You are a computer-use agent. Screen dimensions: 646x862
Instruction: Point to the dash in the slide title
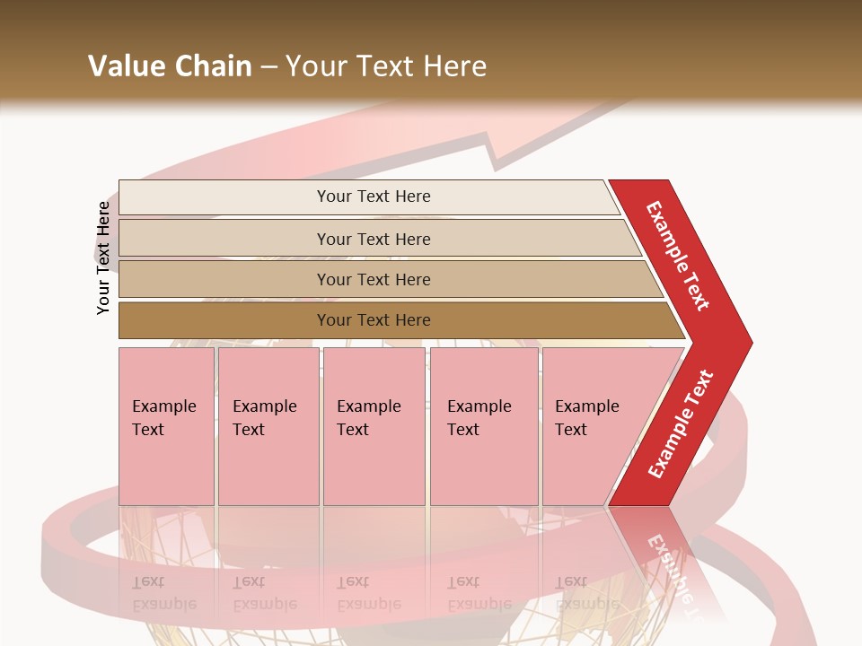pos(268,67)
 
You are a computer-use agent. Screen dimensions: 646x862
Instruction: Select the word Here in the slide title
pos(454,66)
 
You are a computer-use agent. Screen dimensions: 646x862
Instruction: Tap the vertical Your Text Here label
pos(103,258)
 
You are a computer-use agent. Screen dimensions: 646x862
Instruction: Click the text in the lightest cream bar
pos(374,196)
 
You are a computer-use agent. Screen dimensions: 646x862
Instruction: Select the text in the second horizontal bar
pos(374,240)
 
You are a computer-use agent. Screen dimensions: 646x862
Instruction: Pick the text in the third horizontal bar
pos(374,280)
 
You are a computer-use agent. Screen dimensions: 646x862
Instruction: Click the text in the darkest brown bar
pos(374,320)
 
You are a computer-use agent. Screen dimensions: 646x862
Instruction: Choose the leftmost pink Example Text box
pos(166,426)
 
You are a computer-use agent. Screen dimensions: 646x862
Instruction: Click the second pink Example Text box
pos(268,426)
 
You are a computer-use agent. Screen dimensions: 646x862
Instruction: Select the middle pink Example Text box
pos(373,426)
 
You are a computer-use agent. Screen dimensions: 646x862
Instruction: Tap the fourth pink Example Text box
pos(483,426)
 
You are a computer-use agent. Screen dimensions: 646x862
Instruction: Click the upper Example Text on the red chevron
pos(678,256)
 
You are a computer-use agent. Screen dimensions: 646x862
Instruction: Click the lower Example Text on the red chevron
pos(681,424)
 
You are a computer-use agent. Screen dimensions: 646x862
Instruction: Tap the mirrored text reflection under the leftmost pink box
pos(164,593)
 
